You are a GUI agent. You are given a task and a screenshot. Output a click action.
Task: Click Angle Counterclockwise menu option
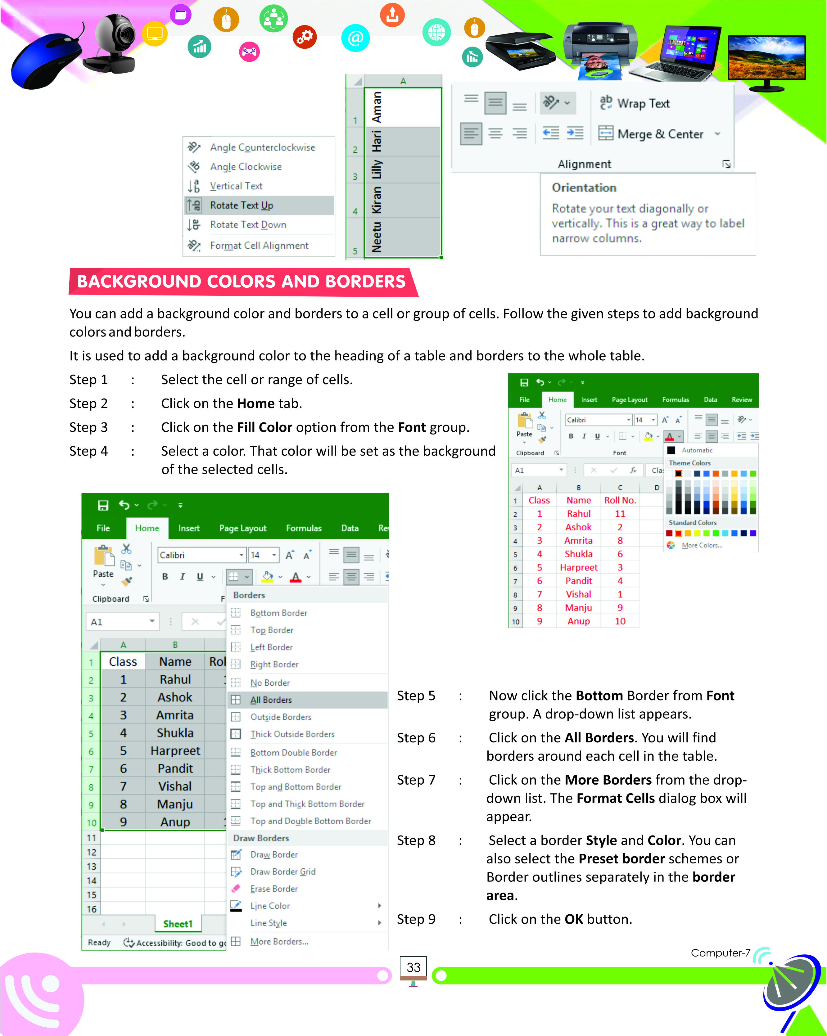click(x=262, y=147)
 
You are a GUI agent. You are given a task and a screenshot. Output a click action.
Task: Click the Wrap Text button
click(x=643, y=103)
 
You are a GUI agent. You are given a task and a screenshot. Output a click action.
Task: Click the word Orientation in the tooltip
click(x=584, y=187)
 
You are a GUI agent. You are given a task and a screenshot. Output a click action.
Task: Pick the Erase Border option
click(x=274, y=889)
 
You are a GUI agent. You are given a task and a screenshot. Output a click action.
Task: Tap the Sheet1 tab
click(x=178, y=924)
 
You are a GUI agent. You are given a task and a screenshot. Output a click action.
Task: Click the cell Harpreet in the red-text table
click(x=579, y=567)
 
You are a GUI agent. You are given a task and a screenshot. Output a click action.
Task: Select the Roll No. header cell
click(x=620, y=500)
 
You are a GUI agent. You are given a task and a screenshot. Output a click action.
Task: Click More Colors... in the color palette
click(x=702, y=545)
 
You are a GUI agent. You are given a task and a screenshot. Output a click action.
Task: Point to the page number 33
click(x=413, y=968)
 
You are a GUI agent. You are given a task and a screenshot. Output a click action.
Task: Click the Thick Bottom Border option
click(x=290, y=770)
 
